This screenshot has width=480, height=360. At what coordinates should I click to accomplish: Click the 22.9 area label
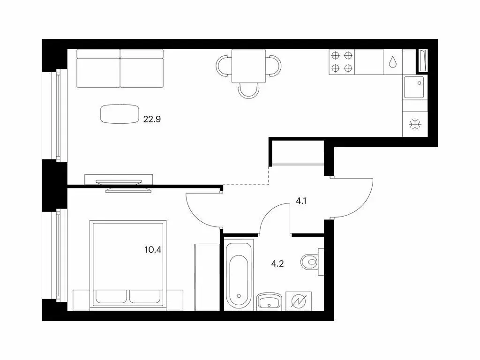[x=151, y=119]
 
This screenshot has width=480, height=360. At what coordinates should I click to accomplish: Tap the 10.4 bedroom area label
[x=153, y=249]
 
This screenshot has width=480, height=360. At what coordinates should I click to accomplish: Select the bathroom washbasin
[x=270, y=300]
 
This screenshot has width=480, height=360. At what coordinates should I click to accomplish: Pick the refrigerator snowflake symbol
[x=415, y=124]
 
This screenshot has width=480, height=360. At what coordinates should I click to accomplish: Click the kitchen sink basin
[x=414, y=87]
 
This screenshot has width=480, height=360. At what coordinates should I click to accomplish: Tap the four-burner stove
[x=342, y=61]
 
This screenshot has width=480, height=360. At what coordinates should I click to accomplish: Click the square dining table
[x=248, y=65]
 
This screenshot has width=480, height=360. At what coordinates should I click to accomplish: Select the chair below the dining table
[x=248, y=90]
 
